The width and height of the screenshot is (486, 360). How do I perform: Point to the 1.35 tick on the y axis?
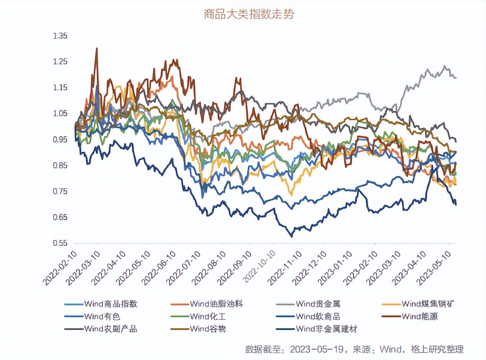tap(60, 36)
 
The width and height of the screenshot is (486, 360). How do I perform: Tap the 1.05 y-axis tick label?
tap(60, 114)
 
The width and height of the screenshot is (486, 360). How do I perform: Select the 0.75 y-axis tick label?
tap(60, 192)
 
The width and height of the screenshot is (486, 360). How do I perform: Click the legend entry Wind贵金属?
tap(317, 304)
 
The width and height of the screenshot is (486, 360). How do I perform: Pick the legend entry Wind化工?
tap(205, 316)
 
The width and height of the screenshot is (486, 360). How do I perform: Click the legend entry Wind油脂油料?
tap(216, 304)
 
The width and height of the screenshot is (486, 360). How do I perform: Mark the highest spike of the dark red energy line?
tap(97, 48)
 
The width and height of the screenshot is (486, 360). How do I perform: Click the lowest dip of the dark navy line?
tap(291, 236)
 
